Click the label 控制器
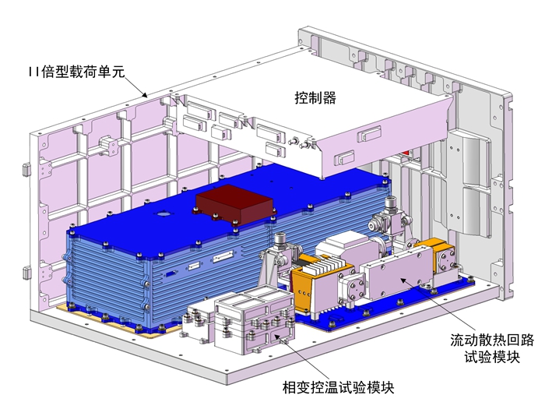click(315, 98)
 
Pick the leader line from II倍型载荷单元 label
click(135, 83)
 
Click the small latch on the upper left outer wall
click(26, 167)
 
